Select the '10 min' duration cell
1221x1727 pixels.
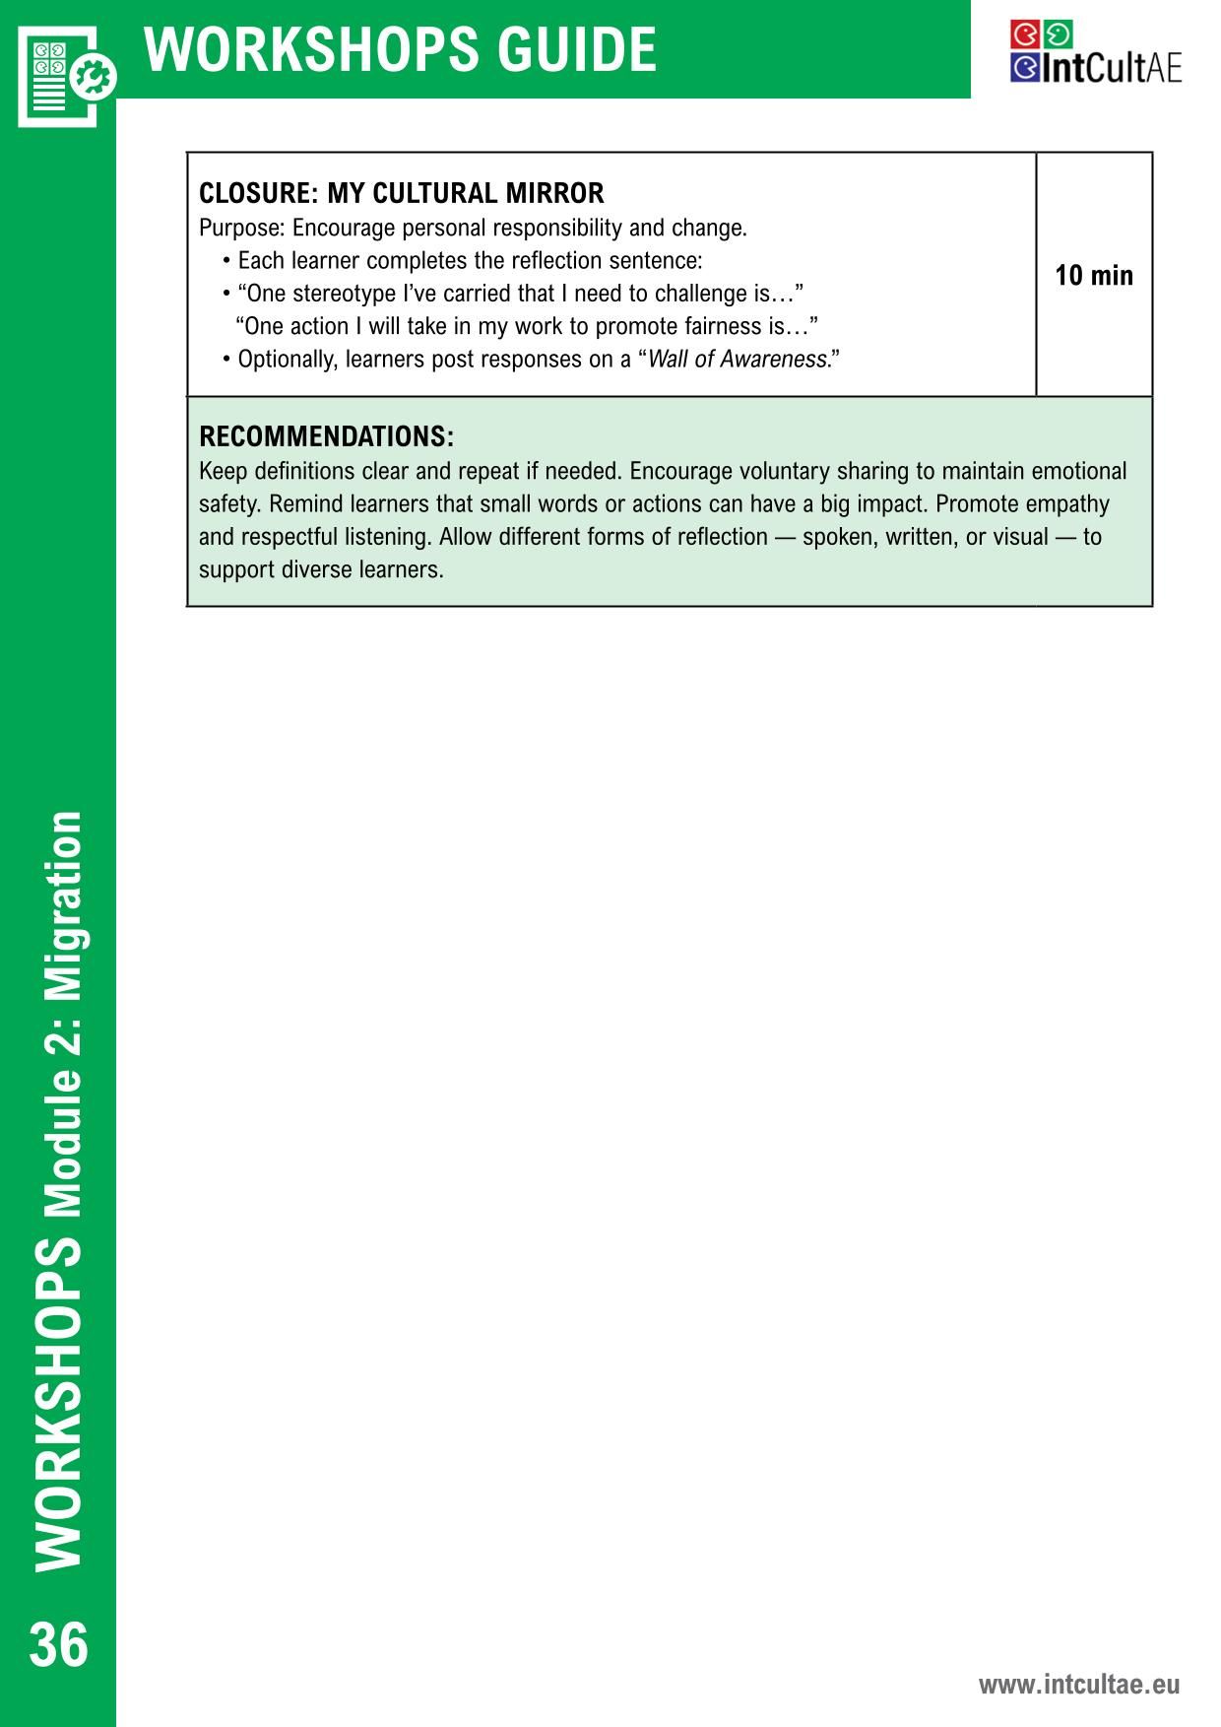[1094, 276]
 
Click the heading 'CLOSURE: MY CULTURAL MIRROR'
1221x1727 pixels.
[402, 193]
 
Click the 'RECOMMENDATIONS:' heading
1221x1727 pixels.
[326, 436]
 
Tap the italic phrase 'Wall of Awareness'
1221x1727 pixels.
[738, 360]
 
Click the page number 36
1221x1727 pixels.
[59, 1644]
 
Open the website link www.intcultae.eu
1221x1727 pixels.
[1078, 1684]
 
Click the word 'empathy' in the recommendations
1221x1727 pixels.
[1067, 504]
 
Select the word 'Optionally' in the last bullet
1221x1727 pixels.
[287, 360]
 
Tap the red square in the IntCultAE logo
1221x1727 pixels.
[1025, 34]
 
